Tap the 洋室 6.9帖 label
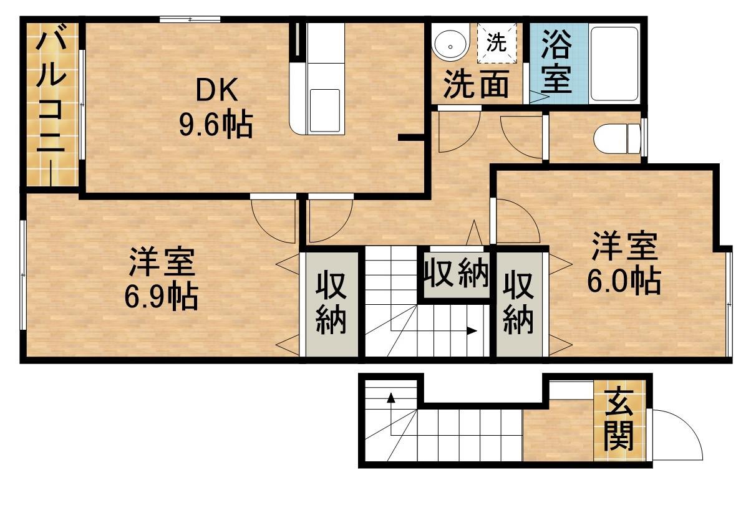(x=162, y=279)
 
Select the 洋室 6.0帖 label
(x=623, y=263)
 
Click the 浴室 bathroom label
(x=556, y=62)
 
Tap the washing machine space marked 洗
(x=497, y=42)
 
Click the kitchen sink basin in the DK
(x=324, y=110)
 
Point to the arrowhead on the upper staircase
(x=472, y=331)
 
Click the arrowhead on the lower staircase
(x=391, y=397)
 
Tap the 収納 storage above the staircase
(x=456, y=274)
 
